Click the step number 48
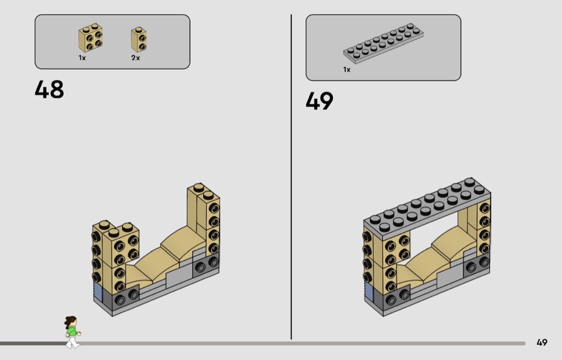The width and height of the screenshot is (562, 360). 49,89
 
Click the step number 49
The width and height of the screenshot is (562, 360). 320,101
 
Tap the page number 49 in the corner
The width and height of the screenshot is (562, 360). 542,342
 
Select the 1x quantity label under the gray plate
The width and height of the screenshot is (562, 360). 347,70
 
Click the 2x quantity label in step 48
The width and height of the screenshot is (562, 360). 135,58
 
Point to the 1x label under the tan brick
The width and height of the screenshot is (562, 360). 82,58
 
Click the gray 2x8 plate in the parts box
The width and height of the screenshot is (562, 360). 383,43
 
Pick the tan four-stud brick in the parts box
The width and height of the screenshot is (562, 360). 90,38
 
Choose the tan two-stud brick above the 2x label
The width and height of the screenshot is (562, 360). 139,40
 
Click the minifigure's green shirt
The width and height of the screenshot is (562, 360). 72,331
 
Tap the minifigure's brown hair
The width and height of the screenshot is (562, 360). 70,321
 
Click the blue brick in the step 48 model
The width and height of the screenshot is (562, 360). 98,292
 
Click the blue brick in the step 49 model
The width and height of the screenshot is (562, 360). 369,292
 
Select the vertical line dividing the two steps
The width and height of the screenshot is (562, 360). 291,177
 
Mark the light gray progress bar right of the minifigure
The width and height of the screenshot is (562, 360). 302,343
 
